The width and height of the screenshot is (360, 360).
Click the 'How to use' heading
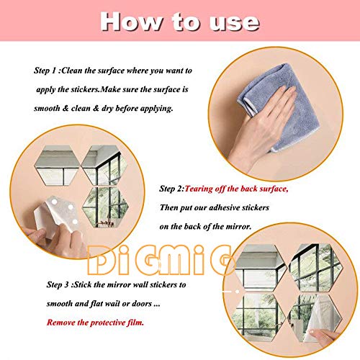tap(180, 22)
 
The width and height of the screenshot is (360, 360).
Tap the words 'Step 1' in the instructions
tap(45, 71)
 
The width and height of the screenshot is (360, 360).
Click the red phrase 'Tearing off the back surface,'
tap(236, 189)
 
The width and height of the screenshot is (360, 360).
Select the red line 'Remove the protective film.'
tap(95, 323)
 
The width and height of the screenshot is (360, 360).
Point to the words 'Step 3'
tap(58, 284)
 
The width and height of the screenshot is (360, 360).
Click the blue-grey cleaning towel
tap(279, 107)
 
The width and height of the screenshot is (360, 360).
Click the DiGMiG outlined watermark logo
tap(161, 260)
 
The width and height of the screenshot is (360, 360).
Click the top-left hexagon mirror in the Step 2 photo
tap(57, 166)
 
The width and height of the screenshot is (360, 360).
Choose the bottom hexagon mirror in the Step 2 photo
tap(105, 207)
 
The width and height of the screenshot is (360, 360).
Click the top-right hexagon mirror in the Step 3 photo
tap(315, 268)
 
